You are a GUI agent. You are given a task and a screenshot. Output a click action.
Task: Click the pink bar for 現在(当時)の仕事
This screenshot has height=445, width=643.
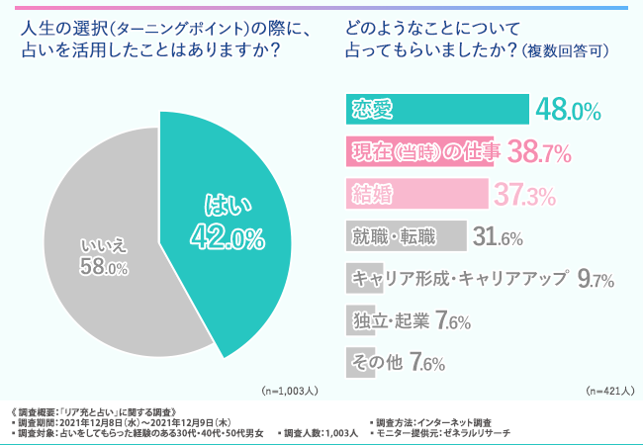click(x=421, y=151)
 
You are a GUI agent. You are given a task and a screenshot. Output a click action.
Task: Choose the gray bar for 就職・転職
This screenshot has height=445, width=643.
click(x=407, y=236)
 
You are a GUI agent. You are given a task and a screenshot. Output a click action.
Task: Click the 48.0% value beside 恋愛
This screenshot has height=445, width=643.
click(x=568, y=110)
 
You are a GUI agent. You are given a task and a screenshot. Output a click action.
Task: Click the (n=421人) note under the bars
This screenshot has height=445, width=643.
click(x=609, y=391)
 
